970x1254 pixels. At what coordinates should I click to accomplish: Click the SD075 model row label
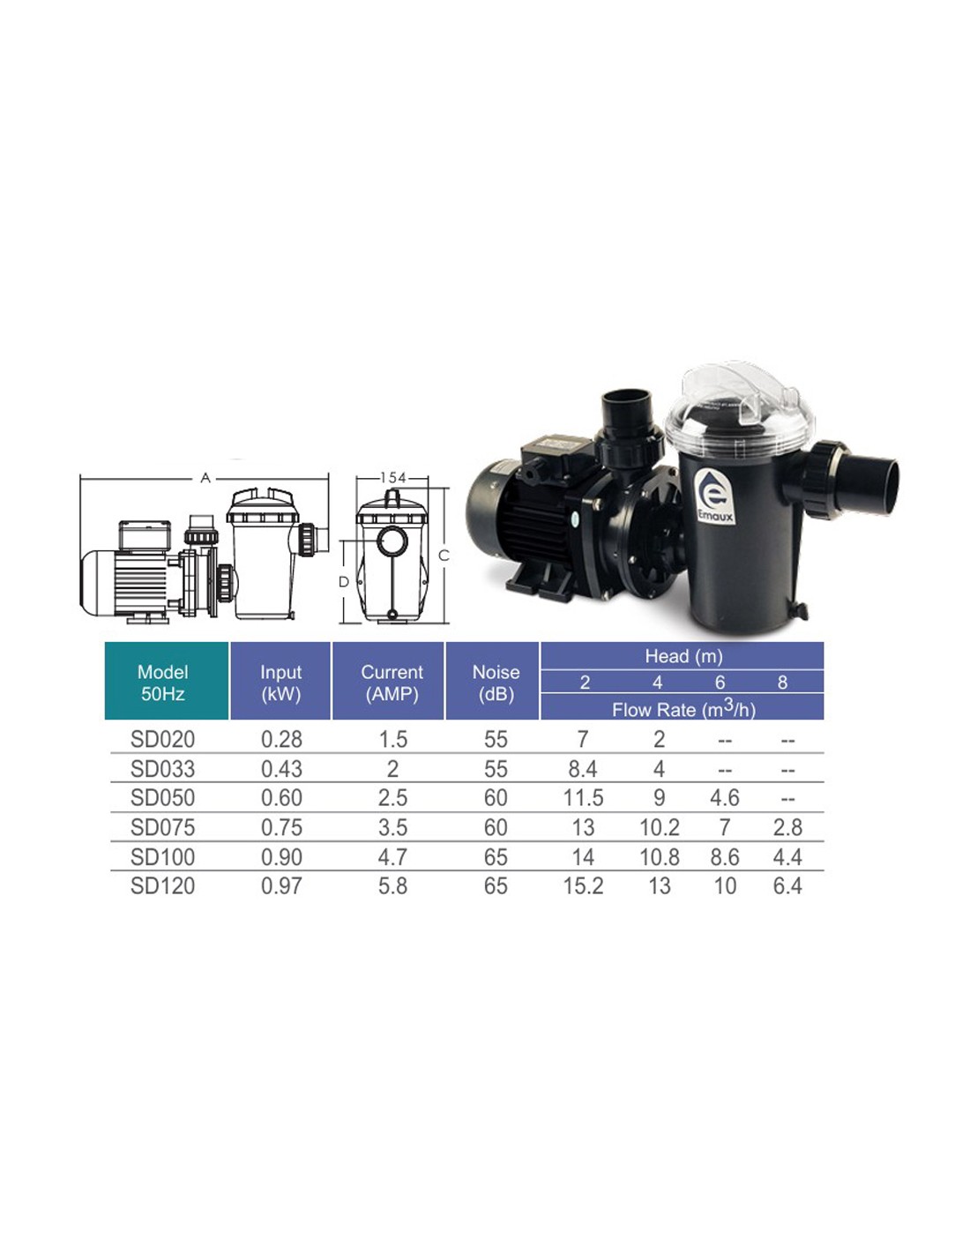(x=162, y=827)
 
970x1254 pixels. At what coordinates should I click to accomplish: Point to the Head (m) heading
(x=683, y=656)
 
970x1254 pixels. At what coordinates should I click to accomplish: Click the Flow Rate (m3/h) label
(x=683, y=709)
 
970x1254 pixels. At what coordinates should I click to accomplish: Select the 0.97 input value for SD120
(x=281, y=885)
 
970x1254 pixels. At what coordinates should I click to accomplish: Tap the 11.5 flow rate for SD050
(x=583, y=797)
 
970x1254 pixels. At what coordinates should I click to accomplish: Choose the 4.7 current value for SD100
(x=392, y=857)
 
